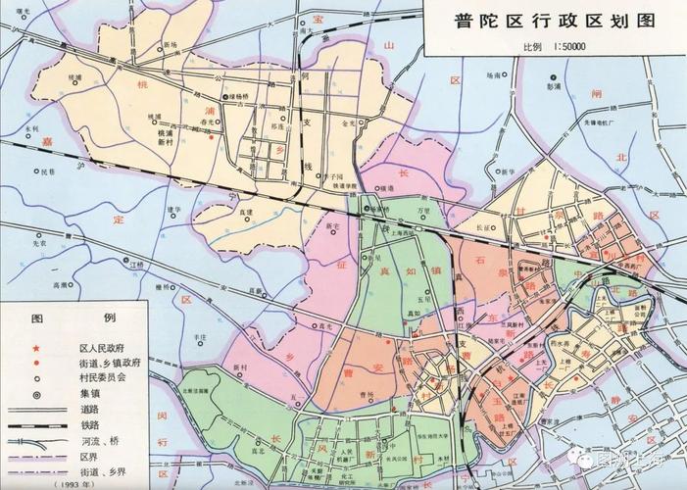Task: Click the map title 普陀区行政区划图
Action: pyautogui.click(x=555, y=23)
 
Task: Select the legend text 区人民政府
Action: pyautogui.click(x=103, y=348)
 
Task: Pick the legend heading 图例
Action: pyautogui.click(x=74, y=319)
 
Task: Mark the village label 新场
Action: pyautogui.click(x=171, y=45)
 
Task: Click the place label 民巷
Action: pyautogui.click(x=47, y=172)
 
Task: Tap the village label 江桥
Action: pyautogui.click(x=136, y=264)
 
